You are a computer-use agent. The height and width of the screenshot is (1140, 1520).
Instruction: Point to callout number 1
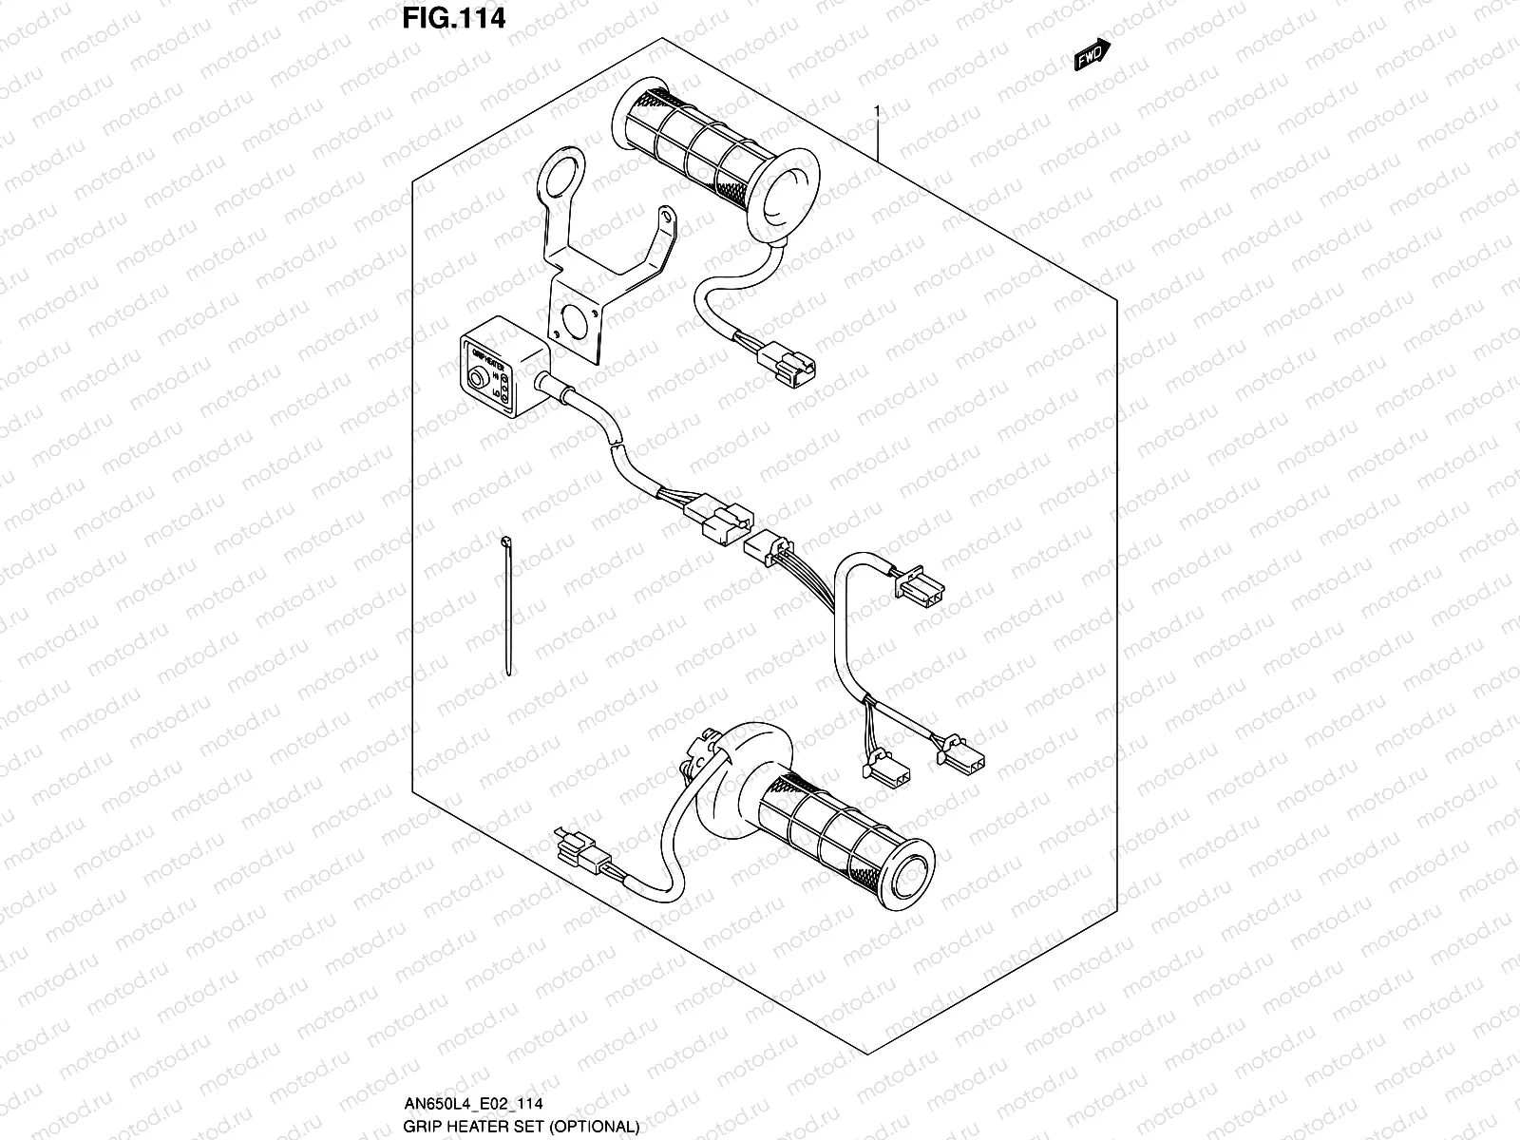(x=878, y=111)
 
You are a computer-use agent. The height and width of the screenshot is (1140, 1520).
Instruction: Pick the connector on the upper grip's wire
(x=788, y=362)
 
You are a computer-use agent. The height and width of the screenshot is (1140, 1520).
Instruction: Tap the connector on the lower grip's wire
(x=577, y=843)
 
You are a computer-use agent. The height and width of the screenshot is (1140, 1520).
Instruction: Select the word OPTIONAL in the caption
(x=599, y=1127)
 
